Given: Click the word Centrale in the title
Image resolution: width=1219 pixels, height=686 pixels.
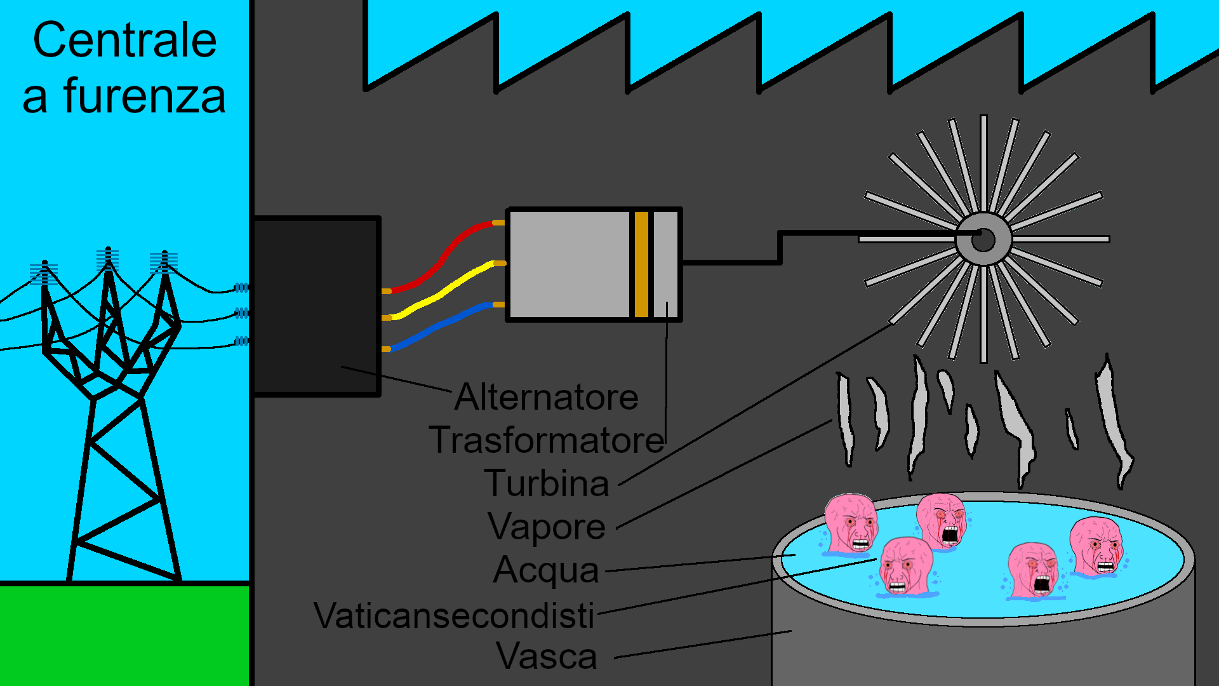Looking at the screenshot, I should point(124,41).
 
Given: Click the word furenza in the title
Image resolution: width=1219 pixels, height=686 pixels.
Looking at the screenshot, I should point(144,97).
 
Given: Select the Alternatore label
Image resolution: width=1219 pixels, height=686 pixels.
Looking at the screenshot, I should point(546,398).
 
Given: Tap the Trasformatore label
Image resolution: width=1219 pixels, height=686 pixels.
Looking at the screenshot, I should point(546,440).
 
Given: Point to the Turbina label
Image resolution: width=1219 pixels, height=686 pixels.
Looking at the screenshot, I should point(547,483).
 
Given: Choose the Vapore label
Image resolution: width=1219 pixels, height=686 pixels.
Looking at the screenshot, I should point(547,527).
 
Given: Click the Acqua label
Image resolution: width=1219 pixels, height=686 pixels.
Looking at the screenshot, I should point(546,570).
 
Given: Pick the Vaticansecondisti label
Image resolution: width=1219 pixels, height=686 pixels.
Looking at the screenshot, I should point(454,615).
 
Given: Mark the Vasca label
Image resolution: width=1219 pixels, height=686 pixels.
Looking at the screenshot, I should point(547,656).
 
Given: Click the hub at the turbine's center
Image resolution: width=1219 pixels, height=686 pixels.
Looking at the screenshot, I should point(983,239).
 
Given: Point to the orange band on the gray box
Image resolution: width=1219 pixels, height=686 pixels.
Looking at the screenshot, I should point(641,264).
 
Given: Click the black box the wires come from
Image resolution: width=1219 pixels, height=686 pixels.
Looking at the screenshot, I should point(316,305).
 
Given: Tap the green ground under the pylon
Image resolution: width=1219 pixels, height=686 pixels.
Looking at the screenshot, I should point(124,635).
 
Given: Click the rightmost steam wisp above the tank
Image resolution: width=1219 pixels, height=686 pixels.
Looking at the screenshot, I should point(1114,419).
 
